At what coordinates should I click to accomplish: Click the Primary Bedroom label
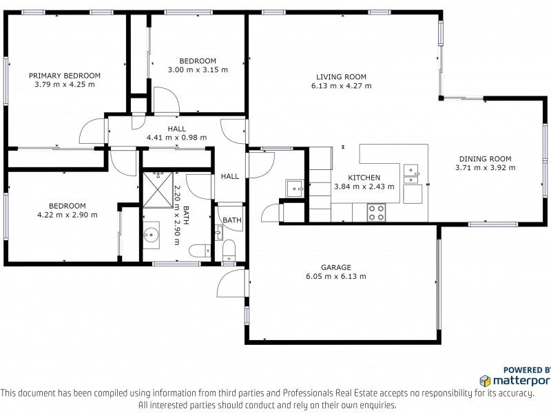pos(65,76)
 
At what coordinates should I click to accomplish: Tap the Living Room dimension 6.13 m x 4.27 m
pos(341,85)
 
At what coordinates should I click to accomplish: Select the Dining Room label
pos(486,159)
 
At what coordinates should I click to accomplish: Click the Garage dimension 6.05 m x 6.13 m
pos(336,277)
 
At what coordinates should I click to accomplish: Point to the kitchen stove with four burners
pos(376,213)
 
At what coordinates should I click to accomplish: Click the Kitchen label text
pos(364,178)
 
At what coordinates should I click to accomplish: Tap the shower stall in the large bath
pos(158,190)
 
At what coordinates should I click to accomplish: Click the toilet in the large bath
pos(200,251)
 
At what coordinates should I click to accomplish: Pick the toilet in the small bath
pos(229,251)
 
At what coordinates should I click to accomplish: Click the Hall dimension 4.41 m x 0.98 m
pos(177,138)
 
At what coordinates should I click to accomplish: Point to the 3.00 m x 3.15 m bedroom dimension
pos(198,70)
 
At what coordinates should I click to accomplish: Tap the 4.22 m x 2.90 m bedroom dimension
pos(67,215)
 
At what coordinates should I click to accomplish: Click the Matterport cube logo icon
pos(486,381)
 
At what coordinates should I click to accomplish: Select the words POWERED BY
pos(527,370)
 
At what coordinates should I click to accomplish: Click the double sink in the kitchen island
pos(411,174)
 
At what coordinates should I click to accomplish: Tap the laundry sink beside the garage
pos(295,189)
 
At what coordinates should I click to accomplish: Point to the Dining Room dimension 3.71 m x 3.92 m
pos(486,168)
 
